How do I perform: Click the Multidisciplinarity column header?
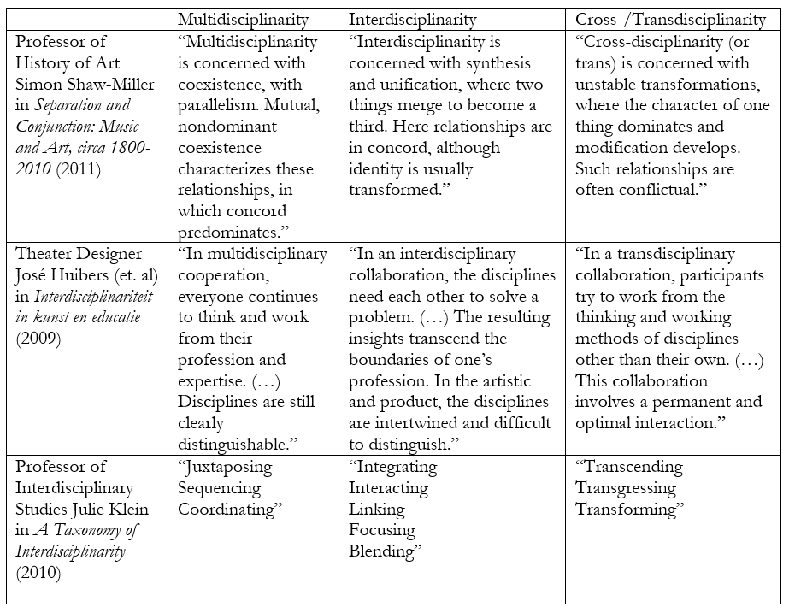pyautogui.click(x=244, y=19)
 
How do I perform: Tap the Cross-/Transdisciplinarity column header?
pyautogui.click(x=670, y=19)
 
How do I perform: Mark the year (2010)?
pyautogui.click(x=38, y=572)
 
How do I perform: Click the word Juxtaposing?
pyautogui.click(x=225, y=467)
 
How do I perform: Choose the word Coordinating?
pyautogui.click(x=231, y=509)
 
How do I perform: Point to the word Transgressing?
pyautogui.click(x=626, y=488)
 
